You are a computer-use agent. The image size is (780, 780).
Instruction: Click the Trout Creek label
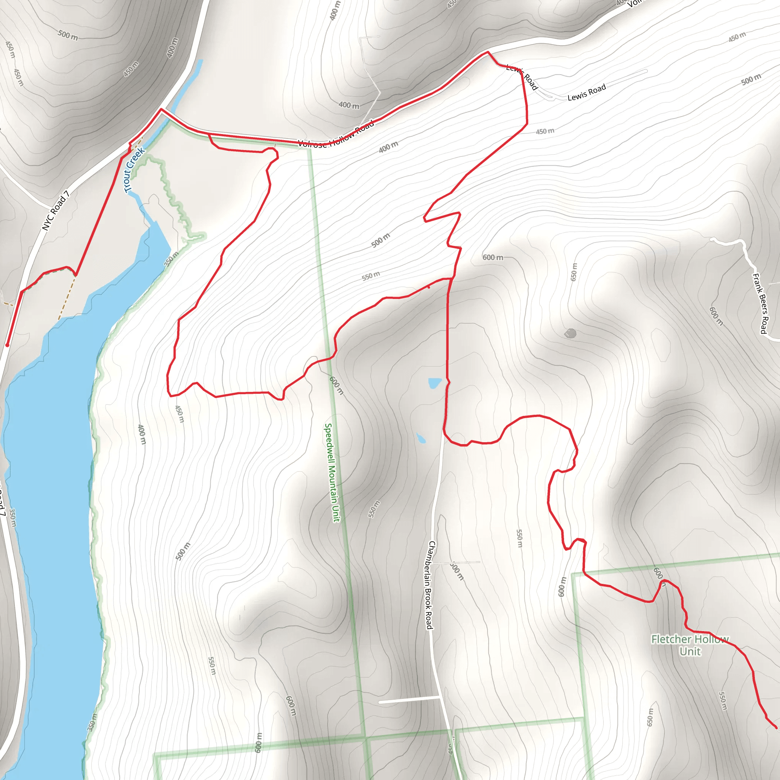click(x=134, y=170)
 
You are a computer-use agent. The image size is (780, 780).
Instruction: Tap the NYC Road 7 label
click(x=56, y=211)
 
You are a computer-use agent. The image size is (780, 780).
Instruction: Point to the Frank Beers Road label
click(x=759, y=303)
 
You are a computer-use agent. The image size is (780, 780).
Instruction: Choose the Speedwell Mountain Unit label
click(x=332, y=472)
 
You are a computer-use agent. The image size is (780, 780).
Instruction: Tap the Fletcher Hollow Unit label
click(x=690, y=645)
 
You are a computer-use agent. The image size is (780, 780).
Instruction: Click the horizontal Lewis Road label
click(x=586, y=92)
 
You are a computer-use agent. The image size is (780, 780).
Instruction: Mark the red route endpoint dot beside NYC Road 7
click(x=7, y=345)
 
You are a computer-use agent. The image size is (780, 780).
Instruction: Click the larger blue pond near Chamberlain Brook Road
click(x=435, y=383)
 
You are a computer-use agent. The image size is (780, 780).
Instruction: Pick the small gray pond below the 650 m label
click(x=571, y=334)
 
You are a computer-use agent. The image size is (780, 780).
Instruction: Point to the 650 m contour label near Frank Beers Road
click(x=574, y=272)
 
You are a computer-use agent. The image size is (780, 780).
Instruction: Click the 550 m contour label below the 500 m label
click(x=370, y=276)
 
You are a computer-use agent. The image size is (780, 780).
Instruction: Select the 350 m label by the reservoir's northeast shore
click(x=171, y=259)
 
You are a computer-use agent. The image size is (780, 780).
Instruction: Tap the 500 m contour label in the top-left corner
click(x=67, y=35)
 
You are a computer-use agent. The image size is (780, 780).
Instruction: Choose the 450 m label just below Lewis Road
click(x=545, y=131)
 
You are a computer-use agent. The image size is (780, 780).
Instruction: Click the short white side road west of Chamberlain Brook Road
click(x=409, y=699)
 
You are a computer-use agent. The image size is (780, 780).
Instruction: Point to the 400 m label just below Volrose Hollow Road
click(x=388, y=147)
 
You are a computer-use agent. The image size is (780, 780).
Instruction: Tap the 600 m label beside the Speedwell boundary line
click(x=336, y=385)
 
